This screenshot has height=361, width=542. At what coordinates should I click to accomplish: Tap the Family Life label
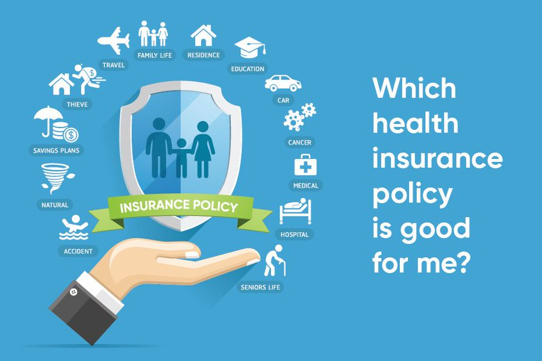click(x=155, y=55)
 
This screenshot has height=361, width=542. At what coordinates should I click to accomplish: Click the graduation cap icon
click(x=248, y=48)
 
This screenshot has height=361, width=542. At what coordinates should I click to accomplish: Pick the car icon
click(x=282, y=82)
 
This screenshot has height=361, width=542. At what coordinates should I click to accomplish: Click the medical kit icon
click(x=305, y=165)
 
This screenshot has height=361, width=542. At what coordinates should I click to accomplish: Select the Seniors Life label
click(x=261, y=287)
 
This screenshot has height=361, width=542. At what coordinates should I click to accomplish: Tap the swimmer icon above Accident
click(x=75, y=227)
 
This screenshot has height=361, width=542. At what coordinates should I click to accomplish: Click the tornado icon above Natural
click(x=55, y=178)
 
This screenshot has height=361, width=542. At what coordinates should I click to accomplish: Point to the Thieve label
click(x=77, y=105)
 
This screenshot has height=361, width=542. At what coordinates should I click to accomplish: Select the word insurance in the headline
click(x=437, y=159)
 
